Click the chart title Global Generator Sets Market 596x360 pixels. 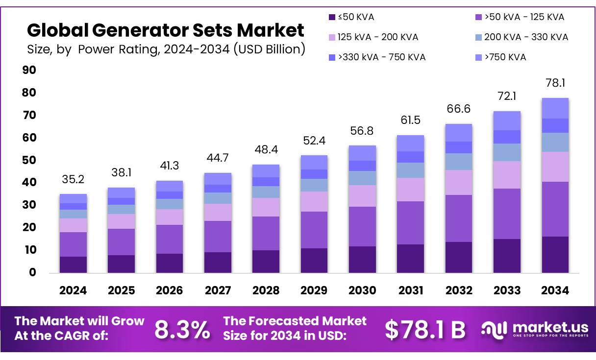165,30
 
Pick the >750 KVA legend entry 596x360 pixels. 505,57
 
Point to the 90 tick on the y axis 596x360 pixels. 30,71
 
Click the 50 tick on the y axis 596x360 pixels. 30,160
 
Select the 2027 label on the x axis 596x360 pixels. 218,290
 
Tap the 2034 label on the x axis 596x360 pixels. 555,290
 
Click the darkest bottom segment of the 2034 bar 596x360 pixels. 555,255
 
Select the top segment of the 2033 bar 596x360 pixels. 507,120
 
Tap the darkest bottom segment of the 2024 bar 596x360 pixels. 73,264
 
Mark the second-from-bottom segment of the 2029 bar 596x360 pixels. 314,230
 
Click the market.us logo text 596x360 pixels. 547,327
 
